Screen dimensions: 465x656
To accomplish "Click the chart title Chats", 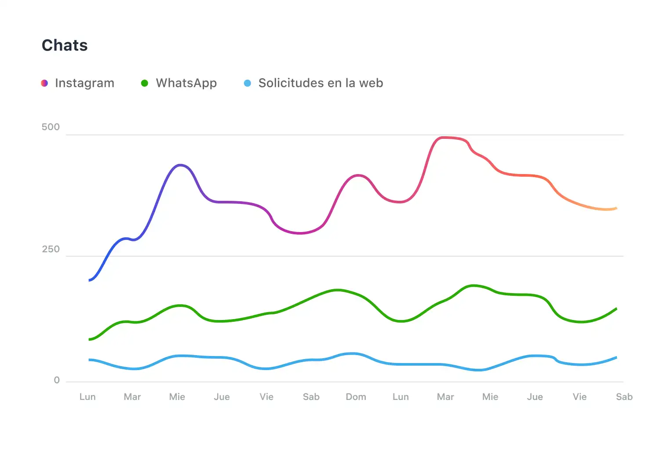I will (x=65, y=45).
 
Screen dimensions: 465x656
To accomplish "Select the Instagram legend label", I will (x=84, y=83).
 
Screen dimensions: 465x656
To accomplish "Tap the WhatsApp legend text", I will (x=186, y=83).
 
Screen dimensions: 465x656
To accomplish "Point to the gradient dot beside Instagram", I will (x=44, y=83).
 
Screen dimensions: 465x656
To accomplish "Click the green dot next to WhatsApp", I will (x=144, y=83).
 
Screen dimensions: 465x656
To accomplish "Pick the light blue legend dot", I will (x=248, y=83).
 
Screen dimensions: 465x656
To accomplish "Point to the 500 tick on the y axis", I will (x=51, y=127).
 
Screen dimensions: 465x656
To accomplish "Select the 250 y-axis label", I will (x=51, y=250).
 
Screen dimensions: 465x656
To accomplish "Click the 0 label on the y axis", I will (x=57, y=381).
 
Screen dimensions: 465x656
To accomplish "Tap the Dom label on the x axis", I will (x=356, y=397).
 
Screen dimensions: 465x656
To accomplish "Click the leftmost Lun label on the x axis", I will (x=87, y=397).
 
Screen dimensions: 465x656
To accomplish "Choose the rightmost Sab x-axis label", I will (x=624, y=397).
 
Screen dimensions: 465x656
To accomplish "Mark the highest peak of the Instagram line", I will (x=444, y=138).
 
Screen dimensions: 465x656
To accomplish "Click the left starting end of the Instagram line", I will (x=90, y=280).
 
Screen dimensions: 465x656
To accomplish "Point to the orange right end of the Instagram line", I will (x=616, y=208).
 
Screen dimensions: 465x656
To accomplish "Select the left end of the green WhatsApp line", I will (x=90, y=339).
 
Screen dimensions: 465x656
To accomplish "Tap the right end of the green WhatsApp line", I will (x=616, y=309).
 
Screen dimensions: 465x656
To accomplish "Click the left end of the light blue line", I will (x=90, y=360).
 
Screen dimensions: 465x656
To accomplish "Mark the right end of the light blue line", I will (x=616, y=357).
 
